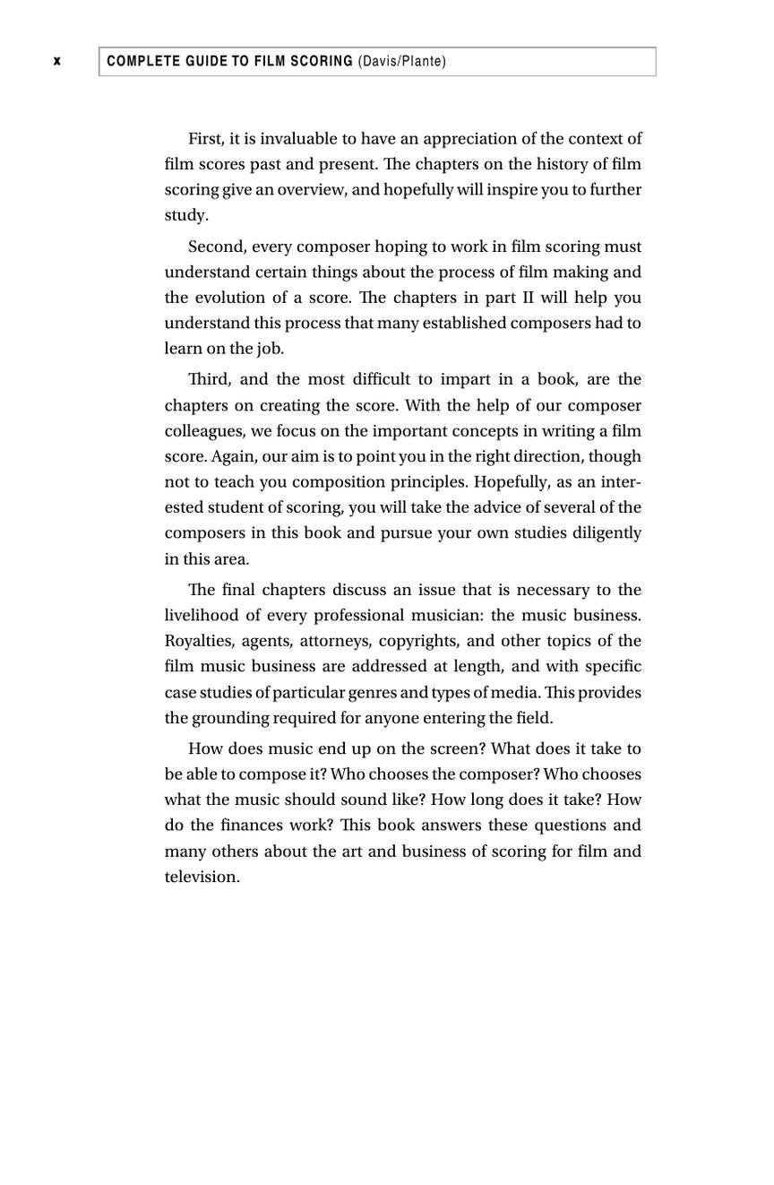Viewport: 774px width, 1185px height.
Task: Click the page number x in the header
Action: point(57,61)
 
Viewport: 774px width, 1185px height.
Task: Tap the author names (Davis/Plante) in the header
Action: point(401,61)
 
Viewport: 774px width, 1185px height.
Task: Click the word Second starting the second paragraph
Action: point(217,247)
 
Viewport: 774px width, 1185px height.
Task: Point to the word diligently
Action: point(606,533)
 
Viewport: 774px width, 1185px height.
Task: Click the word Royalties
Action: point(199,641)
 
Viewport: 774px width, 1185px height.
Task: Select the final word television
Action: point(202,877)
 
